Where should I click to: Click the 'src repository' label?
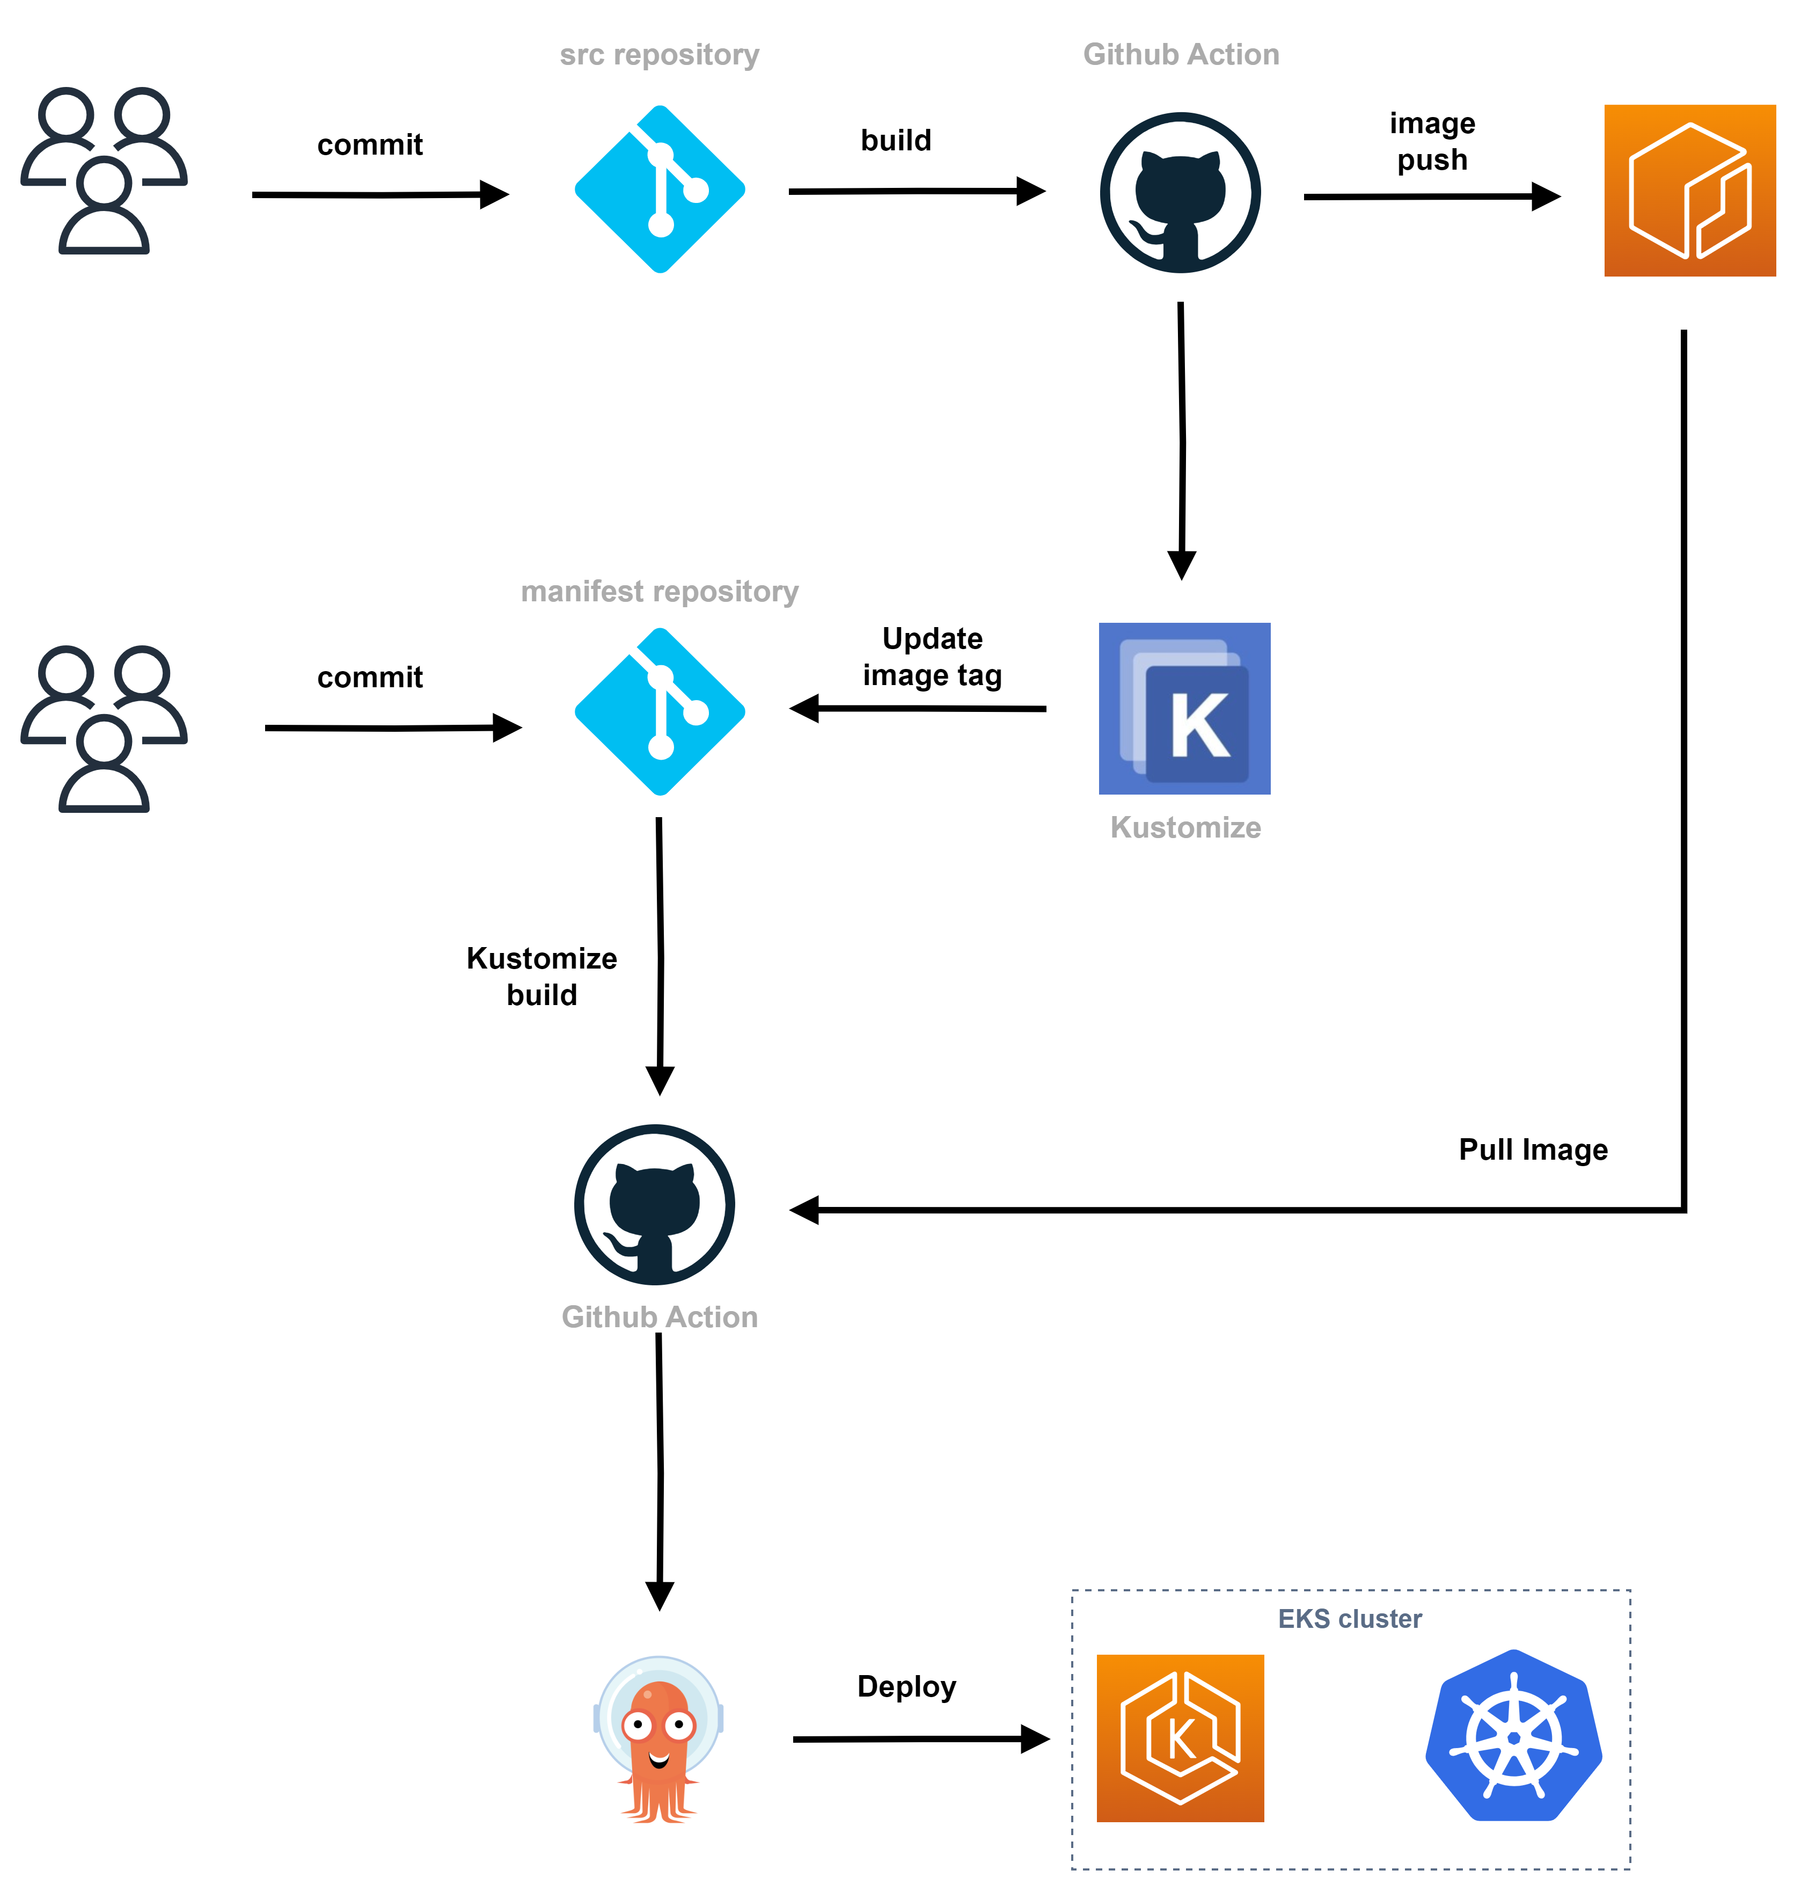(x=660, y=55)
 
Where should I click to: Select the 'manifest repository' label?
(x=660, y=592)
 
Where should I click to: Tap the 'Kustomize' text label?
(x=1185, y=828)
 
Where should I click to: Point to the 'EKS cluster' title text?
(x=1350, y=1619)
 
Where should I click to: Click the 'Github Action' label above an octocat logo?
(x=1181, y=55)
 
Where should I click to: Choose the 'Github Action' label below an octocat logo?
(x=660, y=1316)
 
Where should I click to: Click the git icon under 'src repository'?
(x=660, y=189)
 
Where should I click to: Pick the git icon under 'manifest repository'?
(x=660, y=712)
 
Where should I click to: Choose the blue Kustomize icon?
(x=1185, y=709)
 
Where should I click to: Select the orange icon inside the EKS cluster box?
(x=1180, y=1738)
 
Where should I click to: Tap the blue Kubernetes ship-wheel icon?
(x=1514, y=1736)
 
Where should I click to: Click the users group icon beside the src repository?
(x=104, y=170)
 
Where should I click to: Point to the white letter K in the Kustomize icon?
(x=1200, y=725)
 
